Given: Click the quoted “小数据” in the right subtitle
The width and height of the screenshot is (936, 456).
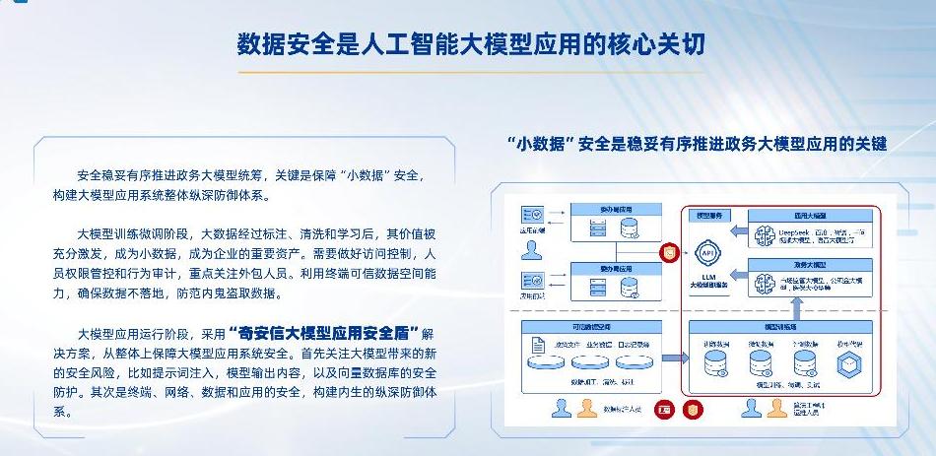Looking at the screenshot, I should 540,144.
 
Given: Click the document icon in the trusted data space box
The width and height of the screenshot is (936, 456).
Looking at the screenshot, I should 538,344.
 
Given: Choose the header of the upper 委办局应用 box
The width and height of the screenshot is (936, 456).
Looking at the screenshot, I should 615,210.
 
